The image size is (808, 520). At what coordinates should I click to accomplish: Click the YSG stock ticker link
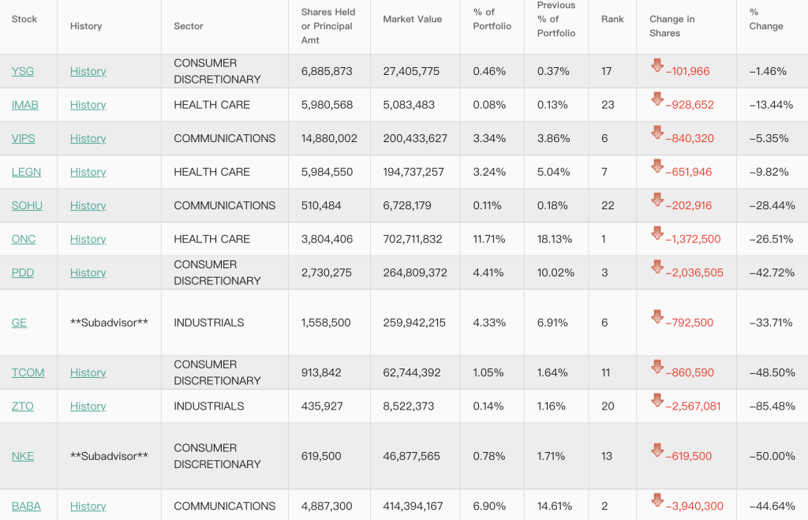pos(22,71)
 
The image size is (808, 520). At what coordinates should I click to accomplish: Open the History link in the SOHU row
pos(88,205)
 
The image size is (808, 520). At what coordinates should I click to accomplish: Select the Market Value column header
pos(412,19)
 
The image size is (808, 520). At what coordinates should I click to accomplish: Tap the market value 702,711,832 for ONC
pos(415,239)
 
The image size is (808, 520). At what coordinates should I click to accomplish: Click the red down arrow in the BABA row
pos(657,500)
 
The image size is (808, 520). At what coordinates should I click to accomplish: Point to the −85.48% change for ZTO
pos(772,406)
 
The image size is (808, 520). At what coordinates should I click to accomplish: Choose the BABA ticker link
pos(26,506)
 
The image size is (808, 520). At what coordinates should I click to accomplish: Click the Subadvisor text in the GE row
pos(109,322)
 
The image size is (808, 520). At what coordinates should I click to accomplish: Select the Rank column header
pos(612,19)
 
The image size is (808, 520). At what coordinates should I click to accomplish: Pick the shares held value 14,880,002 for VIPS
pos(329,138)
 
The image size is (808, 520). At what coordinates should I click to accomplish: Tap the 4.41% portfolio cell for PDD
pos(488,272)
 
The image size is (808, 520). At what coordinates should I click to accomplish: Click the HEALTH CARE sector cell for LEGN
pos(211,172)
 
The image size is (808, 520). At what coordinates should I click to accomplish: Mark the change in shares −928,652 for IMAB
pos(690,105)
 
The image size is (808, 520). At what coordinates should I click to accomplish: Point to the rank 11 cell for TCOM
pos(606,372)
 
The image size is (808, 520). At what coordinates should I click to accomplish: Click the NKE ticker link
pos(23,456)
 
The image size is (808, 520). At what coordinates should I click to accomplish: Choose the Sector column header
pos(189,26)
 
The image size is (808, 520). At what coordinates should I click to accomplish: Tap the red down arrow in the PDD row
pos(657,267)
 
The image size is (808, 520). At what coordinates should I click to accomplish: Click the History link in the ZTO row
pos(88,406)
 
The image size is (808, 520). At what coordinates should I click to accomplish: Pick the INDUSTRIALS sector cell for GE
pos(209,322)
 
